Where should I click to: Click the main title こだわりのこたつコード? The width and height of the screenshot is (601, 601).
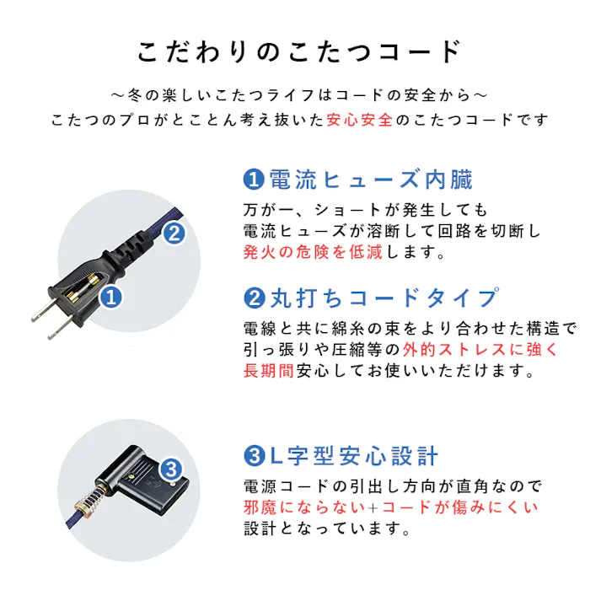[x=300, y=52]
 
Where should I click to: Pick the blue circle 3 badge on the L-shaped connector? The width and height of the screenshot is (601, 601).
[x=171, y=468]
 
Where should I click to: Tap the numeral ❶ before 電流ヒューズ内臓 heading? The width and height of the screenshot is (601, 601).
[x=252, y=180]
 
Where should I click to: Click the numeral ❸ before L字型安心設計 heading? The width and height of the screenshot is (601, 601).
[x=252, y=456]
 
